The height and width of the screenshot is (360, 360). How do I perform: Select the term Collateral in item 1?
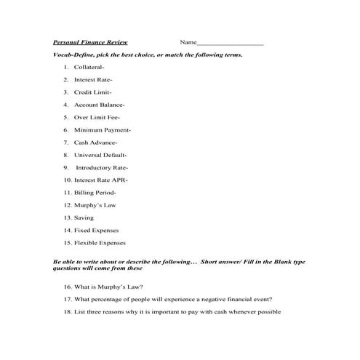[x=89, y=67]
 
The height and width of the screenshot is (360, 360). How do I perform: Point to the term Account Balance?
[x=100, y=105]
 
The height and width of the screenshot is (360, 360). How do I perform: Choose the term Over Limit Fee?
[x=97, y=117]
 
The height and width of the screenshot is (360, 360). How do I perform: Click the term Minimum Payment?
[x=102, y=129]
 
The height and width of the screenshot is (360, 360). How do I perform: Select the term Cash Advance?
[x=95, y=142]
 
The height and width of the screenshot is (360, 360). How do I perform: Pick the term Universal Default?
[x=100, y=154]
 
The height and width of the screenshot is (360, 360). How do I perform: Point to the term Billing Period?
[x=95, y=192]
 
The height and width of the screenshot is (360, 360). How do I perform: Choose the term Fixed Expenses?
[x=96, y=230]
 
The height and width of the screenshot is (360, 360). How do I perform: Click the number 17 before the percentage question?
[x=67, y=299]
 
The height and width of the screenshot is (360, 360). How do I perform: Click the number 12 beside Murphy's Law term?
[x=67, y=205]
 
